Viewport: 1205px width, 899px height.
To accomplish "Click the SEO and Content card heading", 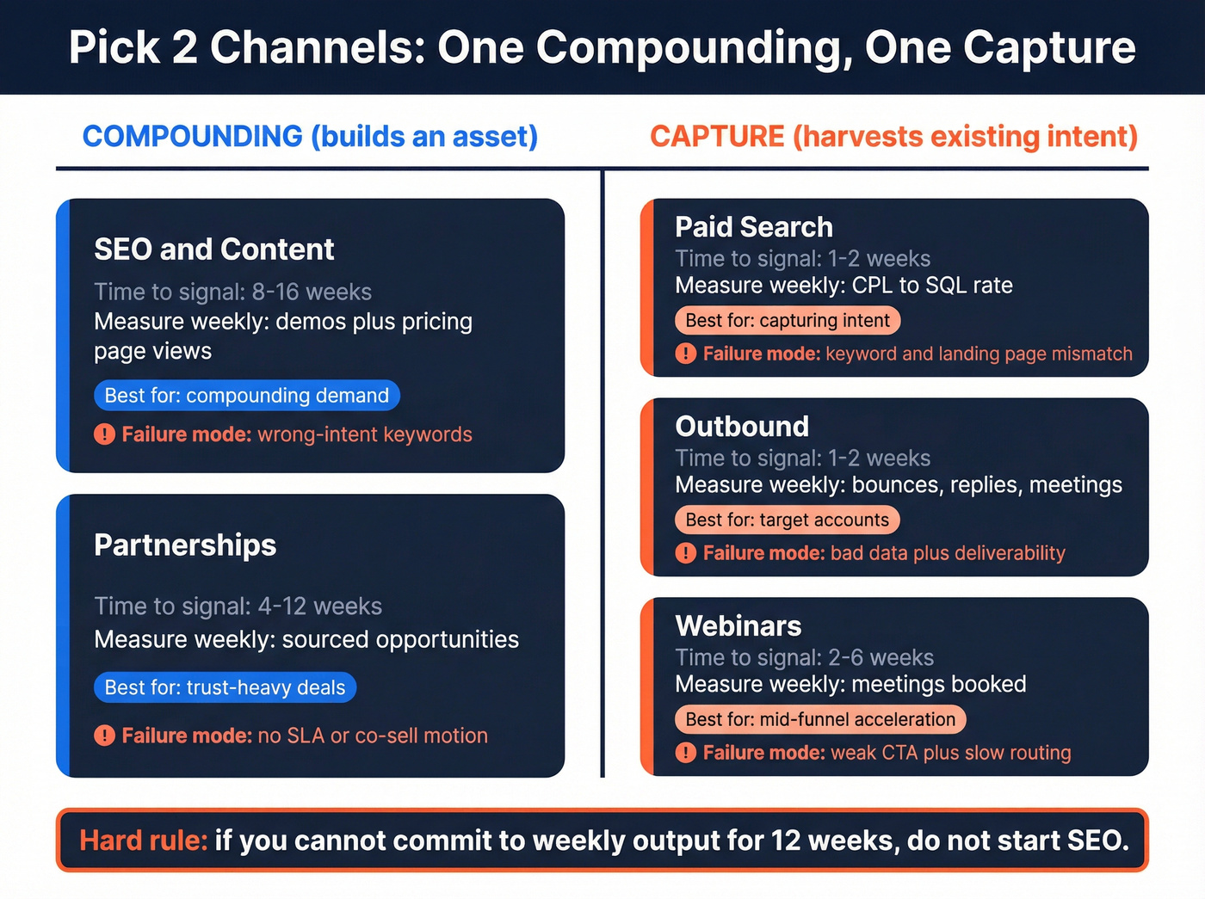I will point(213,249).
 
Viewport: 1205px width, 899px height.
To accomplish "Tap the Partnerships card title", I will point(185,545).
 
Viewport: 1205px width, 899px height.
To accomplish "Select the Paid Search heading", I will point(753,227).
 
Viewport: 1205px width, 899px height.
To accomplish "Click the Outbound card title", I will point(742,427).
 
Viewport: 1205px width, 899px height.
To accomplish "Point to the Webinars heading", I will point(738,626).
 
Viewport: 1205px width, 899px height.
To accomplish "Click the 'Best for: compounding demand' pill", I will point(247,396).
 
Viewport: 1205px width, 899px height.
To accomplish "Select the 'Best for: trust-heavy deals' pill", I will point(225,687).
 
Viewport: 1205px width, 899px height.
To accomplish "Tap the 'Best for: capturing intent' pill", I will point(787,321).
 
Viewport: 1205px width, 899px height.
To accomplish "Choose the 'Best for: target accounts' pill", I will point(787,520).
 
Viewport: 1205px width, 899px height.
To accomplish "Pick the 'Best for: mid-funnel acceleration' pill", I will point(819,719).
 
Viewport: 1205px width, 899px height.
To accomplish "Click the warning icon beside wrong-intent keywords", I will point(104,434).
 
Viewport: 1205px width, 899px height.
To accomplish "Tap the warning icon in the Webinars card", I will point(685,753).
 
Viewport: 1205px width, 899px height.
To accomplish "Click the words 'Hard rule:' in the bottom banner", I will point(143,841).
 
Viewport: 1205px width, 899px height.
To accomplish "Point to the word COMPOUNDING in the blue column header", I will point(192,137).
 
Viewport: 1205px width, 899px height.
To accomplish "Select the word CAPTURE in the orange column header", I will point(716,137).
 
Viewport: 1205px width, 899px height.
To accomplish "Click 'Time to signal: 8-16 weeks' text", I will point(232,292).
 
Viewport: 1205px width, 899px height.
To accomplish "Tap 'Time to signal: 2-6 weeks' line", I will point(804,658).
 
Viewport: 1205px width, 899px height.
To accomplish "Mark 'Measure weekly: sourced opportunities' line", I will point(306,640).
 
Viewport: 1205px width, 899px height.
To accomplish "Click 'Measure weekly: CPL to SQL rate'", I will point(843,286).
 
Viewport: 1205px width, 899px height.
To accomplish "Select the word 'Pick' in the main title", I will point(114,47).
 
